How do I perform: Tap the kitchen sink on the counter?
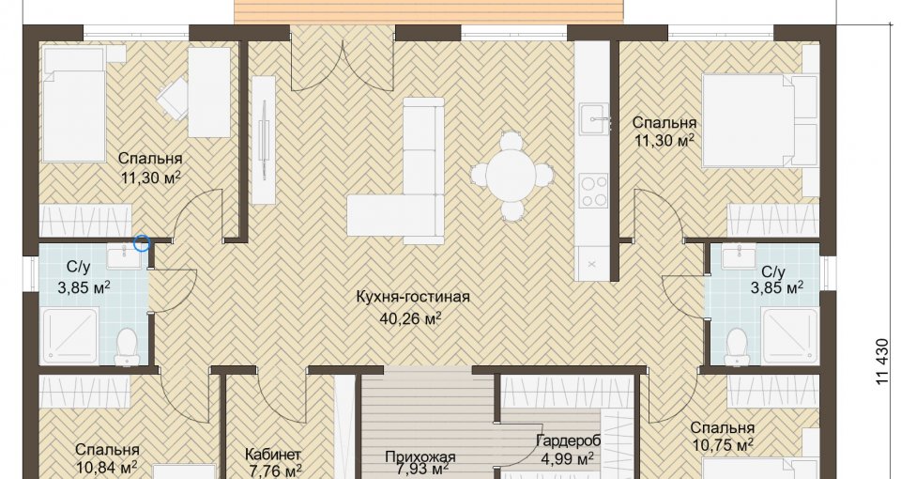pos(593,119)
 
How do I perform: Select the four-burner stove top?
pos(593,191)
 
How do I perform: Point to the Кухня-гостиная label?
pos(413,297)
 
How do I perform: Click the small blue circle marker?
pos(142,244)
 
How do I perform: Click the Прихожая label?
pos(420,457)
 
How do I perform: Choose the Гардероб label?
pos(568,441)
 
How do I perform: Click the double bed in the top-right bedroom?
pos(759,122)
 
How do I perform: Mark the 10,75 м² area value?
pos(723,446)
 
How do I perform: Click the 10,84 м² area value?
pos(106,467)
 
